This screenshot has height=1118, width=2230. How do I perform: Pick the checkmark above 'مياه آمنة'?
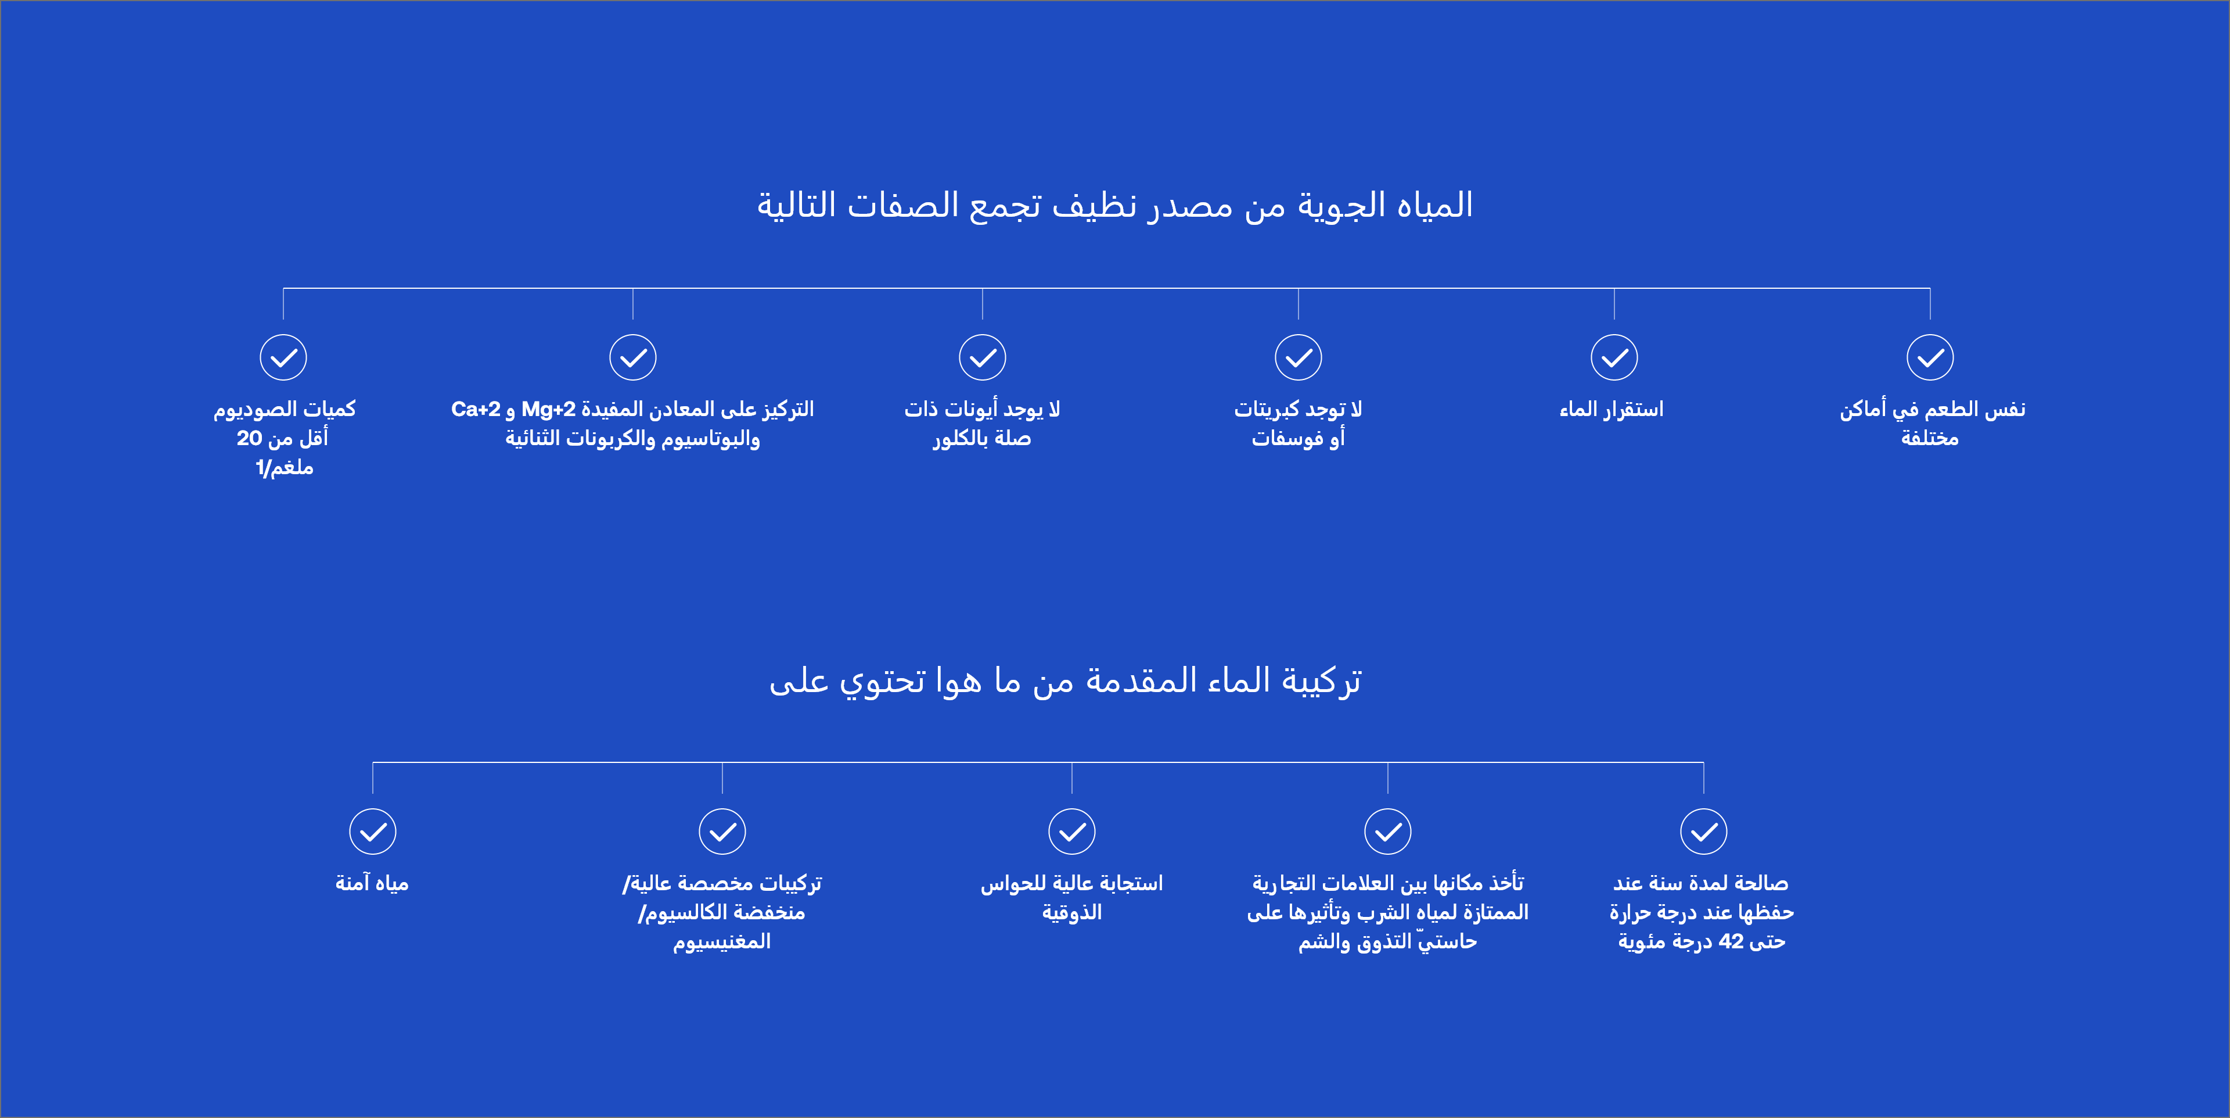(x=373, y=832)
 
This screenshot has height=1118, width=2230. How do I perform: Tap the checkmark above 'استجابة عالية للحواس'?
(x=1071, y=832)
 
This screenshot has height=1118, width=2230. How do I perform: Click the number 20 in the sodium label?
(x=249, y=438)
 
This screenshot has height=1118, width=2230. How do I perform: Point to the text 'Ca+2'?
(x=475, y=408)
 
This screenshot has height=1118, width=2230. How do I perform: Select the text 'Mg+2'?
(x=548, y=408)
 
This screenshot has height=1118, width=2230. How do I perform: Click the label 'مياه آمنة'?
(x=372, y=883)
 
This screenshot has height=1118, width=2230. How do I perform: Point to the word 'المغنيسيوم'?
(x=722, y=942)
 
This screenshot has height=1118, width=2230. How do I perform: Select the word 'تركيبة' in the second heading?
(x=1321, y=680)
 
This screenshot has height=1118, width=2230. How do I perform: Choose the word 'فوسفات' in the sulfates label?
(x=1286, y=438)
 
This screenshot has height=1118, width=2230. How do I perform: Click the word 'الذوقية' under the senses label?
(x=1071, y=913)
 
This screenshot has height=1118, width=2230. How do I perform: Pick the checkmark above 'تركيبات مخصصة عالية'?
(x=722, y=832)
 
